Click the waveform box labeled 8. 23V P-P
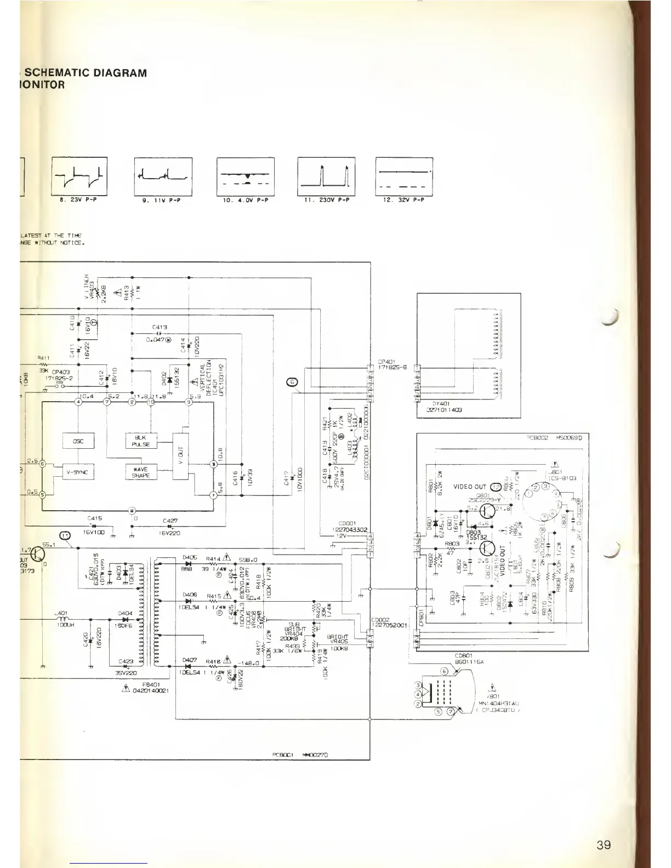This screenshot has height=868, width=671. pyautogui.click(x=79, y=176)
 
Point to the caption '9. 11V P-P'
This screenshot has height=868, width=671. pyautogui.click(x=163, y=201)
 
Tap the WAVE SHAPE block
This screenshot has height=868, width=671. pyautogui.click(x=141, y=472)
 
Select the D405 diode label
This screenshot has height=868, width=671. pyautogui.click(x=190, y=557)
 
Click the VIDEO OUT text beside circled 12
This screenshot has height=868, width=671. pyautogui.click(x=470, y=487)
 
